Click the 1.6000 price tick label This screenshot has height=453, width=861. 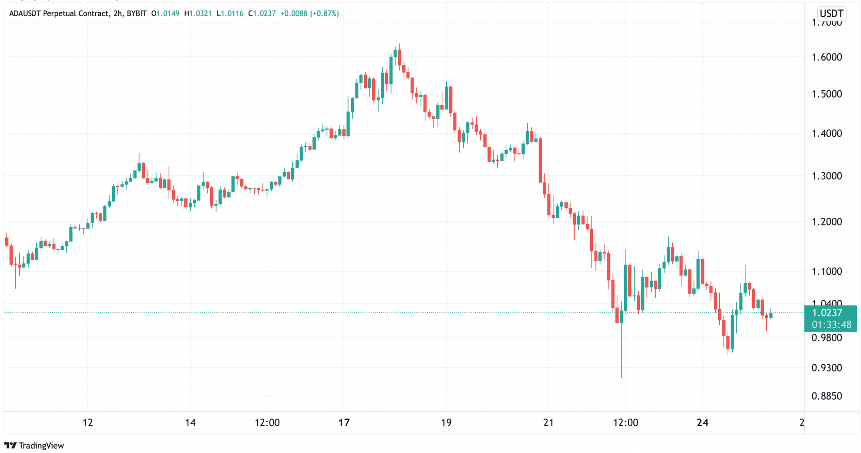pos(826,57)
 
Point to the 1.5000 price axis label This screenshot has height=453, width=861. pos(826,94)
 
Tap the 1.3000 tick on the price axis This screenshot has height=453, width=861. pos(826,176)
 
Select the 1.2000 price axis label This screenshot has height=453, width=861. pos(826,222)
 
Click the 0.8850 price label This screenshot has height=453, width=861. pos(826,396)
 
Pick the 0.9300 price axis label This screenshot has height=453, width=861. pos(826,368)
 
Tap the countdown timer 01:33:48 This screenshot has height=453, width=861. pos(831,325)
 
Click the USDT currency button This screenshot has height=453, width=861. pos(831,13)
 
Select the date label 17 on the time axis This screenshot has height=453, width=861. pos(344,423)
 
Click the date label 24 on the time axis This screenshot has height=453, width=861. pos(702,423)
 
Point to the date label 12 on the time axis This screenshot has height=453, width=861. pos(88,423)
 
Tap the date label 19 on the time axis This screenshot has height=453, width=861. pos(446,423)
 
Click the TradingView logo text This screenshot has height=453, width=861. pos(41,445)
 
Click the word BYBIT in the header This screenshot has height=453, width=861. pos(136,13)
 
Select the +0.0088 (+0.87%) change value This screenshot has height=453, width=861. pos(309,13)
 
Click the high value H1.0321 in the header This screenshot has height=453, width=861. pos(198,13)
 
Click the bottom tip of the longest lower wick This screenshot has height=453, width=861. pos(622,377)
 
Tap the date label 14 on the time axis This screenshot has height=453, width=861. pos(190,423)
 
